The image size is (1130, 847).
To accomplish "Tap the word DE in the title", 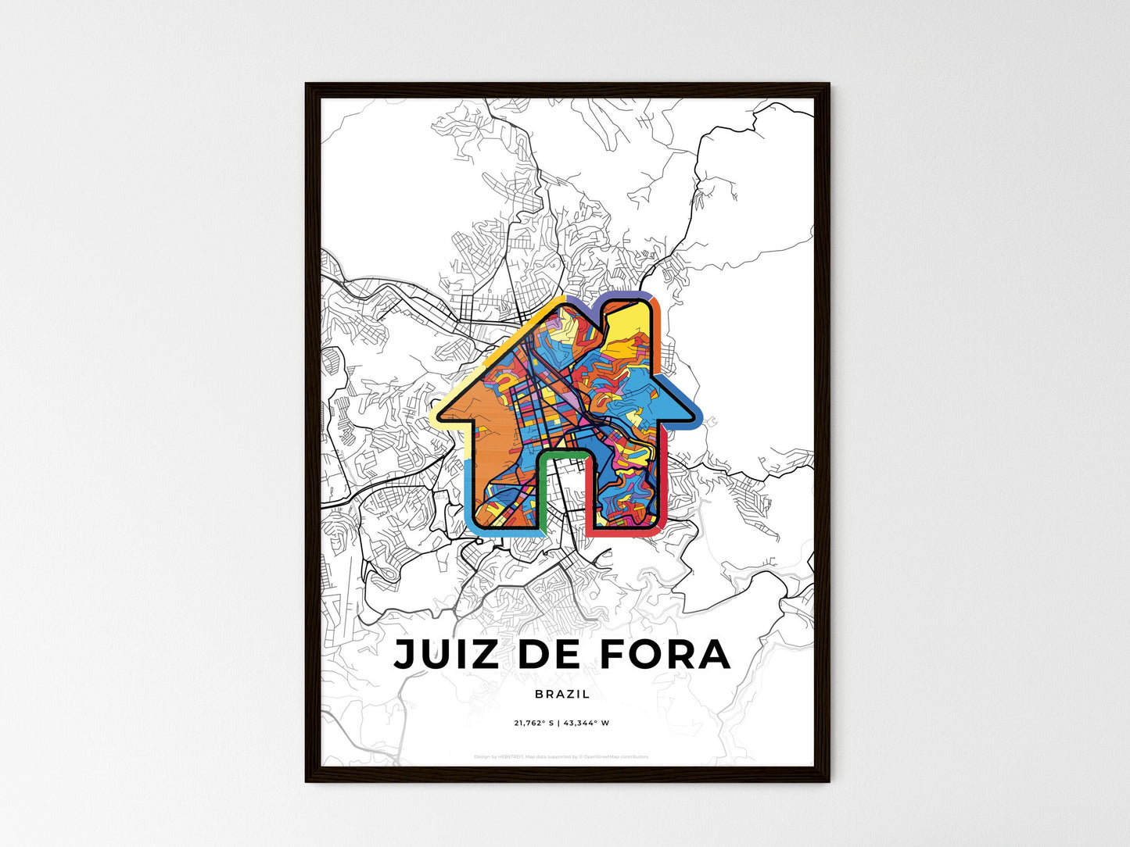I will pyautogui.click(x=550, y=655).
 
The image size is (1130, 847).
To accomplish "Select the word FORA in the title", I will pyautogui.click(x=665, y=655).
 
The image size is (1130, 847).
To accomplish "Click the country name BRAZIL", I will pyautogui.click(x=563, y=694).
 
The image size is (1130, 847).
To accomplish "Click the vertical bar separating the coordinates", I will pyautogui.click(x=559, y=724).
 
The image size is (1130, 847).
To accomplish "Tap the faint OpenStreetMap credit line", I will pyautogui.click(x=562, y=756).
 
